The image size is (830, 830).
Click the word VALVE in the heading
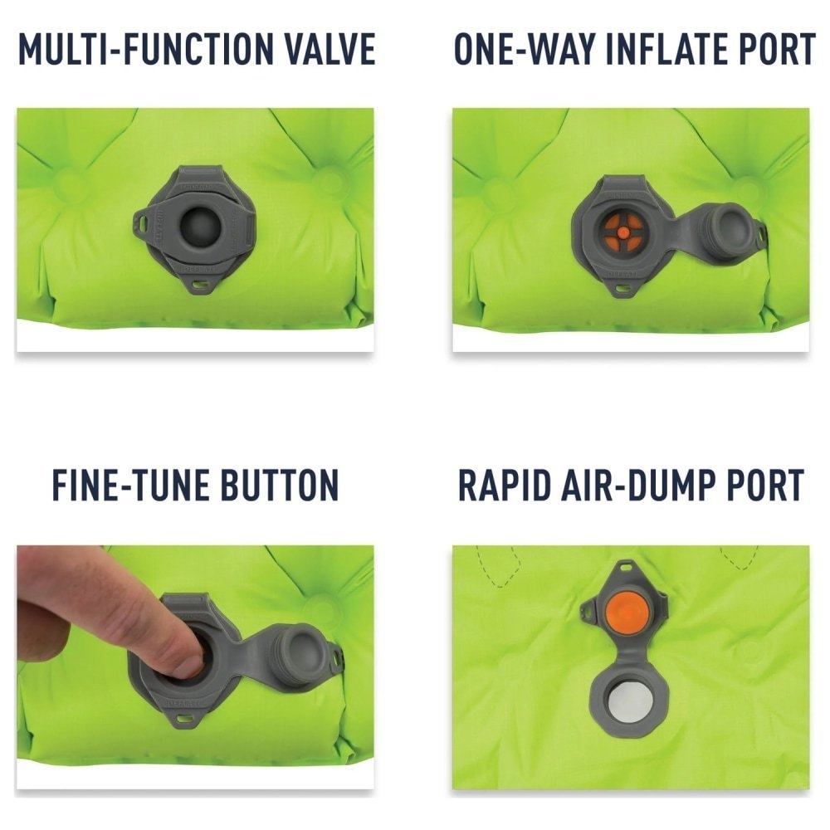(331, 50)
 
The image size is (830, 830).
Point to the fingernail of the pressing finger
(188, 664)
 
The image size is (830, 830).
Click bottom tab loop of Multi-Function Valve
(198, 284)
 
